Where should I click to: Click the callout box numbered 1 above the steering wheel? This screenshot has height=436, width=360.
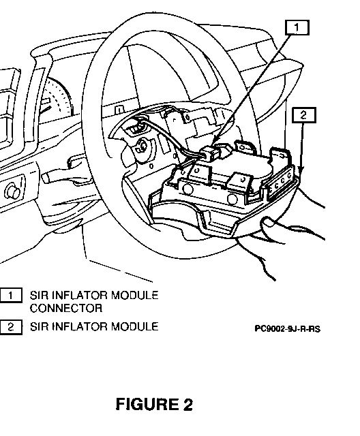[297, 27]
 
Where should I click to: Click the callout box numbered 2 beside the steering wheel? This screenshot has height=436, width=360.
[304, 115]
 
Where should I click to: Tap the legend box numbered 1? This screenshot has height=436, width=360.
[11, 295]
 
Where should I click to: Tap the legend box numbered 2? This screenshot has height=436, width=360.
[11, 327]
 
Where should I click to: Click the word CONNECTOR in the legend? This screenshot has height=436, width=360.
[66, 308]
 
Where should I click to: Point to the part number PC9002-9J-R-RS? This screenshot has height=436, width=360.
[288, 329]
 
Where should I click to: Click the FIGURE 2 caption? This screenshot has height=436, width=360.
[154, 404]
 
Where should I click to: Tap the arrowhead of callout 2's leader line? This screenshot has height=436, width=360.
[301, 170]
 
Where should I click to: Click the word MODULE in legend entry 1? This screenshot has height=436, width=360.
[134, 295]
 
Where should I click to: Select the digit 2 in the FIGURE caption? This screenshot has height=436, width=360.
[187, 404]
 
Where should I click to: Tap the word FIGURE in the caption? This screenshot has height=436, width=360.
[147, 404]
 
